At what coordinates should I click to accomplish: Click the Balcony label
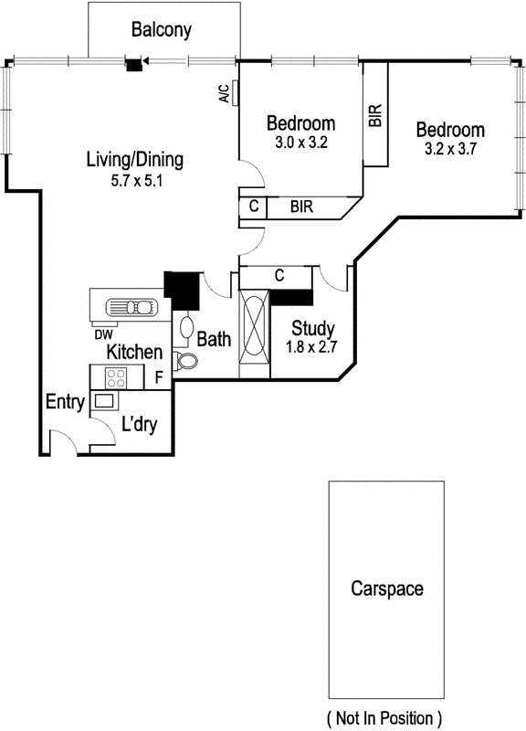162,30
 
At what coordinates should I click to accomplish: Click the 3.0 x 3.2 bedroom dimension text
300,143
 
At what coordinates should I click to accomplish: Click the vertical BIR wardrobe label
374,114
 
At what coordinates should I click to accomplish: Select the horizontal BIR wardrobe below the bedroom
302,207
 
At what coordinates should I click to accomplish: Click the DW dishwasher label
102,334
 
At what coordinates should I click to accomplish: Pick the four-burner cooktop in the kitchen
117,376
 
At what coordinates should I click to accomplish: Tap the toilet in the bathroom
186,363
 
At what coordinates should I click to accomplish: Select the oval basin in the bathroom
186,327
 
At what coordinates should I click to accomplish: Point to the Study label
312,329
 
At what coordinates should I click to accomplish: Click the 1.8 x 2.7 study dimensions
312,348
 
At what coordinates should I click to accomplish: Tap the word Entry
66,402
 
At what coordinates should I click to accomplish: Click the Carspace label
387,588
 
